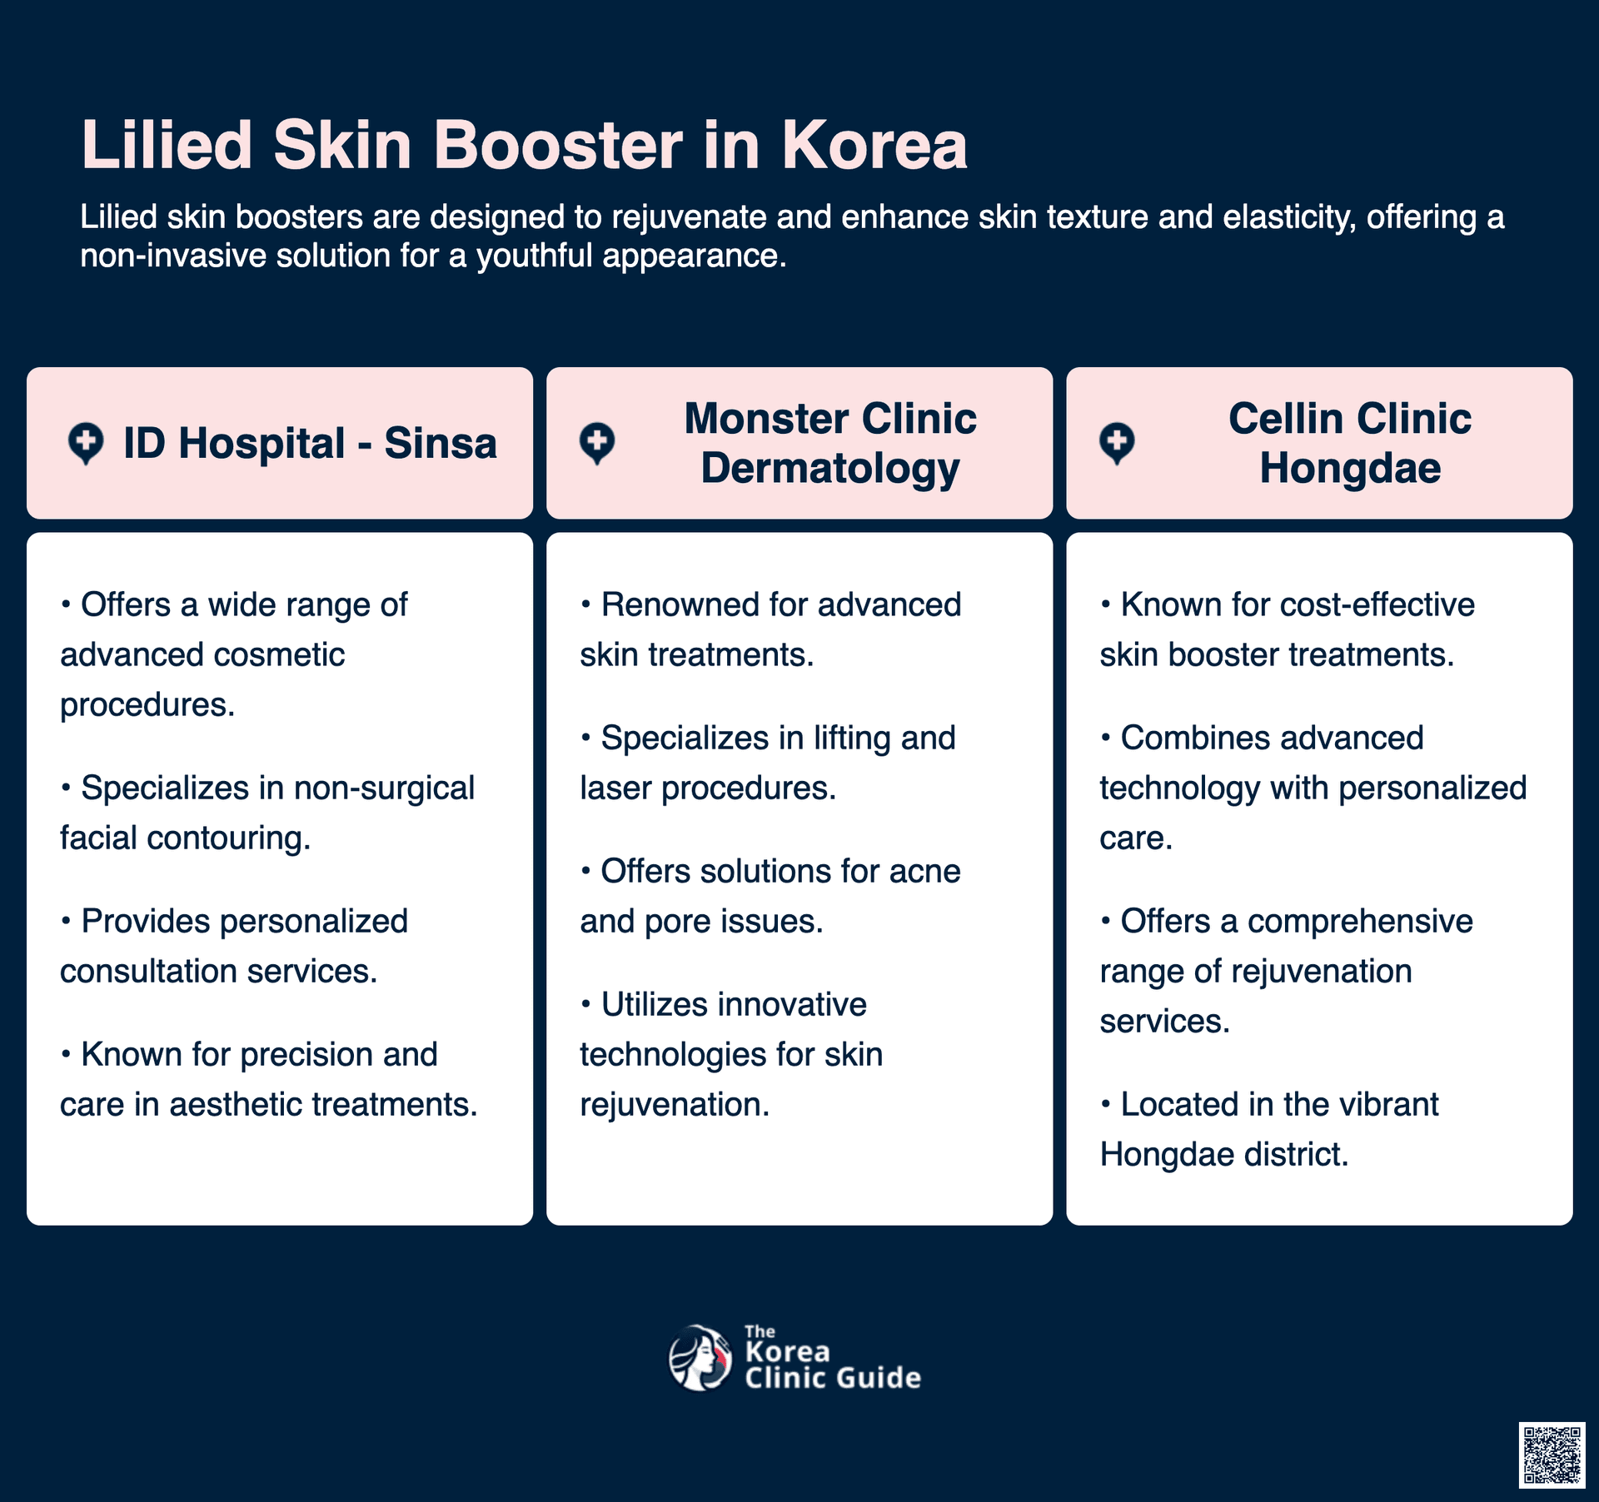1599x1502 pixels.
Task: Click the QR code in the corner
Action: click(x=1552, y=1455)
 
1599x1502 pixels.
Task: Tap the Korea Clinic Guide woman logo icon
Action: click(x=700, y=1358)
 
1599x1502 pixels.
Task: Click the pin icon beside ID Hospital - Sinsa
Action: click(x=86, y=444)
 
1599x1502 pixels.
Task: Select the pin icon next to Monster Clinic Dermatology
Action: click(x=597, y=444)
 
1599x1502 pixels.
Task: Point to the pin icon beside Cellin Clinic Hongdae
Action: click(x=1117, y=444)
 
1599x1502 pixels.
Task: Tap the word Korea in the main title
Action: click(x=874, y=145)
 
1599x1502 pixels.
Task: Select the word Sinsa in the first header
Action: click(x=441, y=443)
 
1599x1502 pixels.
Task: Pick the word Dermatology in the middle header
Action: click(x=830, y=469)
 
